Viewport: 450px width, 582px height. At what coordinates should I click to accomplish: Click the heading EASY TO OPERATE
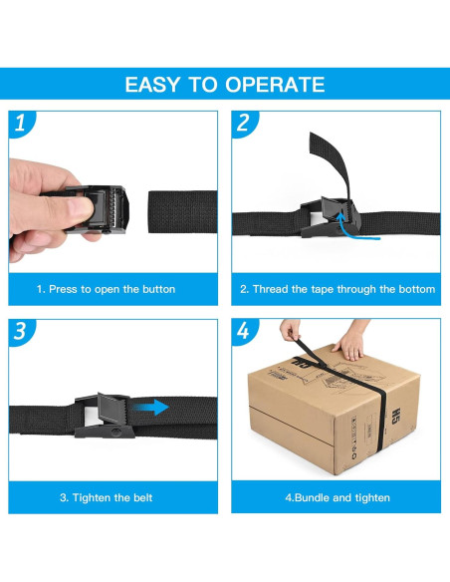click(224, 84)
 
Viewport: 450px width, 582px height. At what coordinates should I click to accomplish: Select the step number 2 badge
click(242, 125)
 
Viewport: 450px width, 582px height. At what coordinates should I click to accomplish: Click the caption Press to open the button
click(106, 289)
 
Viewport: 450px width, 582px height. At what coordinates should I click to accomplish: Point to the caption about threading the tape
click(337, 289)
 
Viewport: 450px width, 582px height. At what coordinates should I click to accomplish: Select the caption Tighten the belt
click(106, 497)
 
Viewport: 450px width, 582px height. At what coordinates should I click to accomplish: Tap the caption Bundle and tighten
click(337, 497)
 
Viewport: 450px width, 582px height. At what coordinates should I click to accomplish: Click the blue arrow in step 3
click(152, 407)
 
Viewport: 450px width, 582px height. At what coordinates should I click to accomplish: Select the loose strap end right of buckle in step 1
click(182, 210)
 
